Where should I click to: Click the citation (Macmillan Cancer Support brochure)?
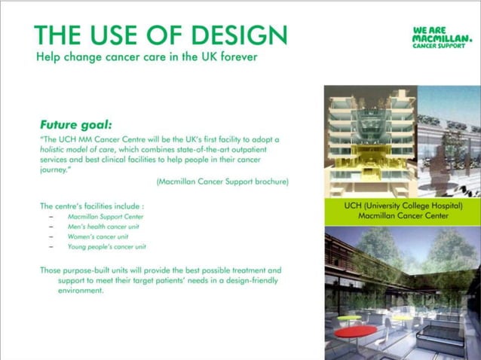point(222,182)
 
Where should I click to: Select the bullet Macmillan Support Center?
point(105,216)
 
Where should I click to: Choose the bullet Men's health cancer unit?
point(103,226)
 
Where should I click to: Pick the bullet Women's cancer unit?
point(98,236)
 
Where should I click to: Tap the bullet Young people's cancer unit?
point(106,246)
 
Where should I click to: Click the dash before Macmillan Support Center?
point(51,216)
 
